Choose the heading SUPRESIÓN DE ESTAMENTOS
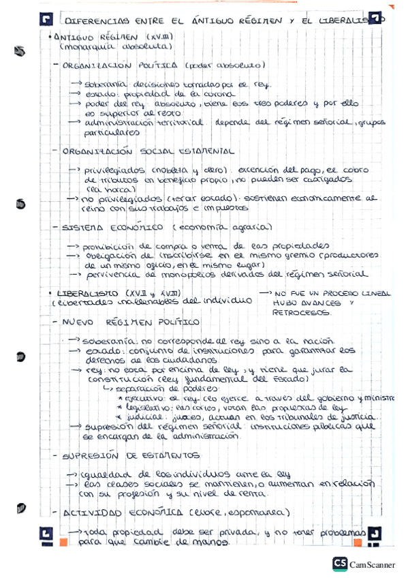131,455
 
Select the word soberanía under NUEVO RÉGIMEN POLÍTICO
108,340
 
